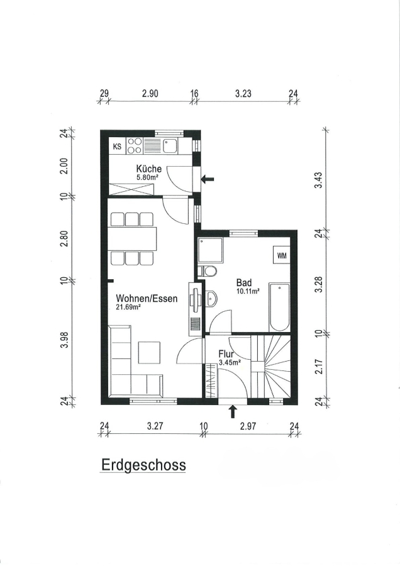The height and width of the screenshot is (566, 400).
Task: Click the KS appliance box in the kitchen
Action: pos(118,147)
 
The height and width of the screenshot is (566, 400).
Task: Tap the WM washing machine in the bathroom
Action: pos(282,255)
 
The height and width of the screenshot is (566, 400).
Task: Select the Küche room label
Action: pos(148,169)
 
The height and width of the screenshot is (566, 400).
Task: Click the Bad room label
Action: pos(243,282)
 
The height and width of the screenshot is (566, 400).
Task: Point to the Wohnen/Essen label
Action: pos(147,299)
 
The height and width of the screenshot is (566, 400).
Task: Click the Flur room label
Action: pos(226,354)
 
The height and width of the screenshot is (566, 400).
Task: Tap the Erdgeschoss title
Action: pos(143,465)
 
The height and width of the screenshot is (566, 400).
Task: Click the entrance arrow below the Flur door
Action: pos(233,411)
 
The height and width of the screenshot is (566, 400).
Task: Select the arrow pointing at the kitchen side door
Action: pos(208,179)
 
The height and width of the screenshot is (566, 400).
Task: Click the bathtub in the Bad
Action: pos(280,307)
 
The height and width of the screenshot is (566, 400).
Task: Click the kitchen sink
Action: pos(169,146)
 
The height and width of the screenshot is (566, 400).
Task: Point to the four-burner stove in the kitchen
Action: pos(135,146)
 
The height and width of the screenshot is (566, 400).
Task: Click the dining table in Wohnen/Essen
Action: pos(133,239)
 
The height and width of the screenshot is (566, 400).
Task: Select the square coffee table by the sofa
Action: pos(150,353)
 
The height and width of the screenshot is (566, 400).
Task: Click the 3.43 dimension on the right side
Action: pos(318,180)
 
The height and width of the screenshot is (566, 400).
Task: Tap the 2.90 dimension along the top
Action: pos(150,94)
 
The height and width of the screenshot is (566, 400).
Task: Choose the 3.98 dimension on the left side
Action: pos(64,340)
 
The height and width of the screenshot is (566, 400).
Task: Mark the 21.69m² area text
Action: pos(128,307)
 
